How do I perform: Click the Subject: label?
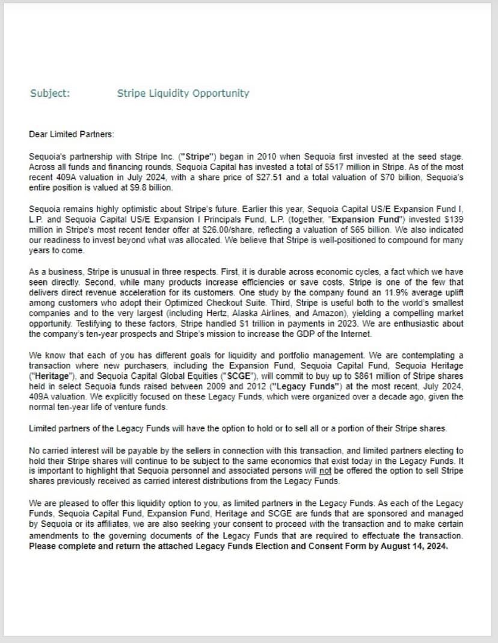[50, 93]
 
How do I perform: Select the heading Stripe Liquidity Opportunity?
[182, 93]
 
